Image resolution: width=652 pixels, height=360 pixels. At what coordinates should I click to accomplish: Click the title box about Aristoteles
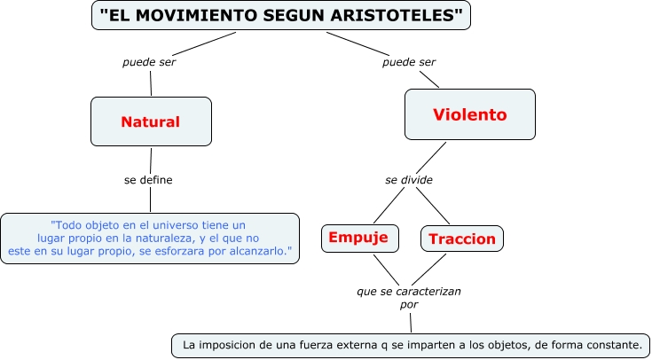(x=281, y=15)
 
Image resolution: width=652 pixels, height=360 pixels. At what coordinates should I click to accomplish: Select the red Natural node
(x=151, y=121)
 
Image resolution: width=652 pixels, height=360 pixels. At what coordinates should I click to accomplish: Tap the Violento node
(x=470, y=114)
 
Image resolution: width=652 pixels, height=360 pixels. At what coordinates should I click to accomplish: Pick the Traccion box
(x=461, y=238)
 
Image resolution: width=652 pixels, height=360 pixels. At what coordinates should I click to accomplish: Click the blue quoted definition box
(x=149, y=239)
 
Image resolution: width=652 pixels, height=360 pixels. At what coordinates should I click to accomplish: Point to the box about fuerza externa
(x=410, y=344)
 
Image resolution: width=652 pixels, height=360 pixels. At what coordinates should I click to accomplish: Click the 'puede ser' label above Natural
(x=149, y=63)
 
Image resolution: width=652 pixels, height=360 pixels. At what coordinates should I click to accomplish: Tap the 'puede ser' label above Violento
(x=409, y=63)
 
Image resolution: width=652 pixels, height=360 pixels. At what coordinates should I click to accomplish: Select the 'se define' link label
(x=148, y=180)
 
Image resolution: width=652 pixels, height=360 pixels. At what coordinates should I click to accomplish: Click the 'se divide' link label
(x=409, y=180)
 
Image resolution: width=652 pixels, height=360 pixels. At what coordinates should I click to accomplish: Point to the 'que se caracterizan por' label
(x=409, y=296)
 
